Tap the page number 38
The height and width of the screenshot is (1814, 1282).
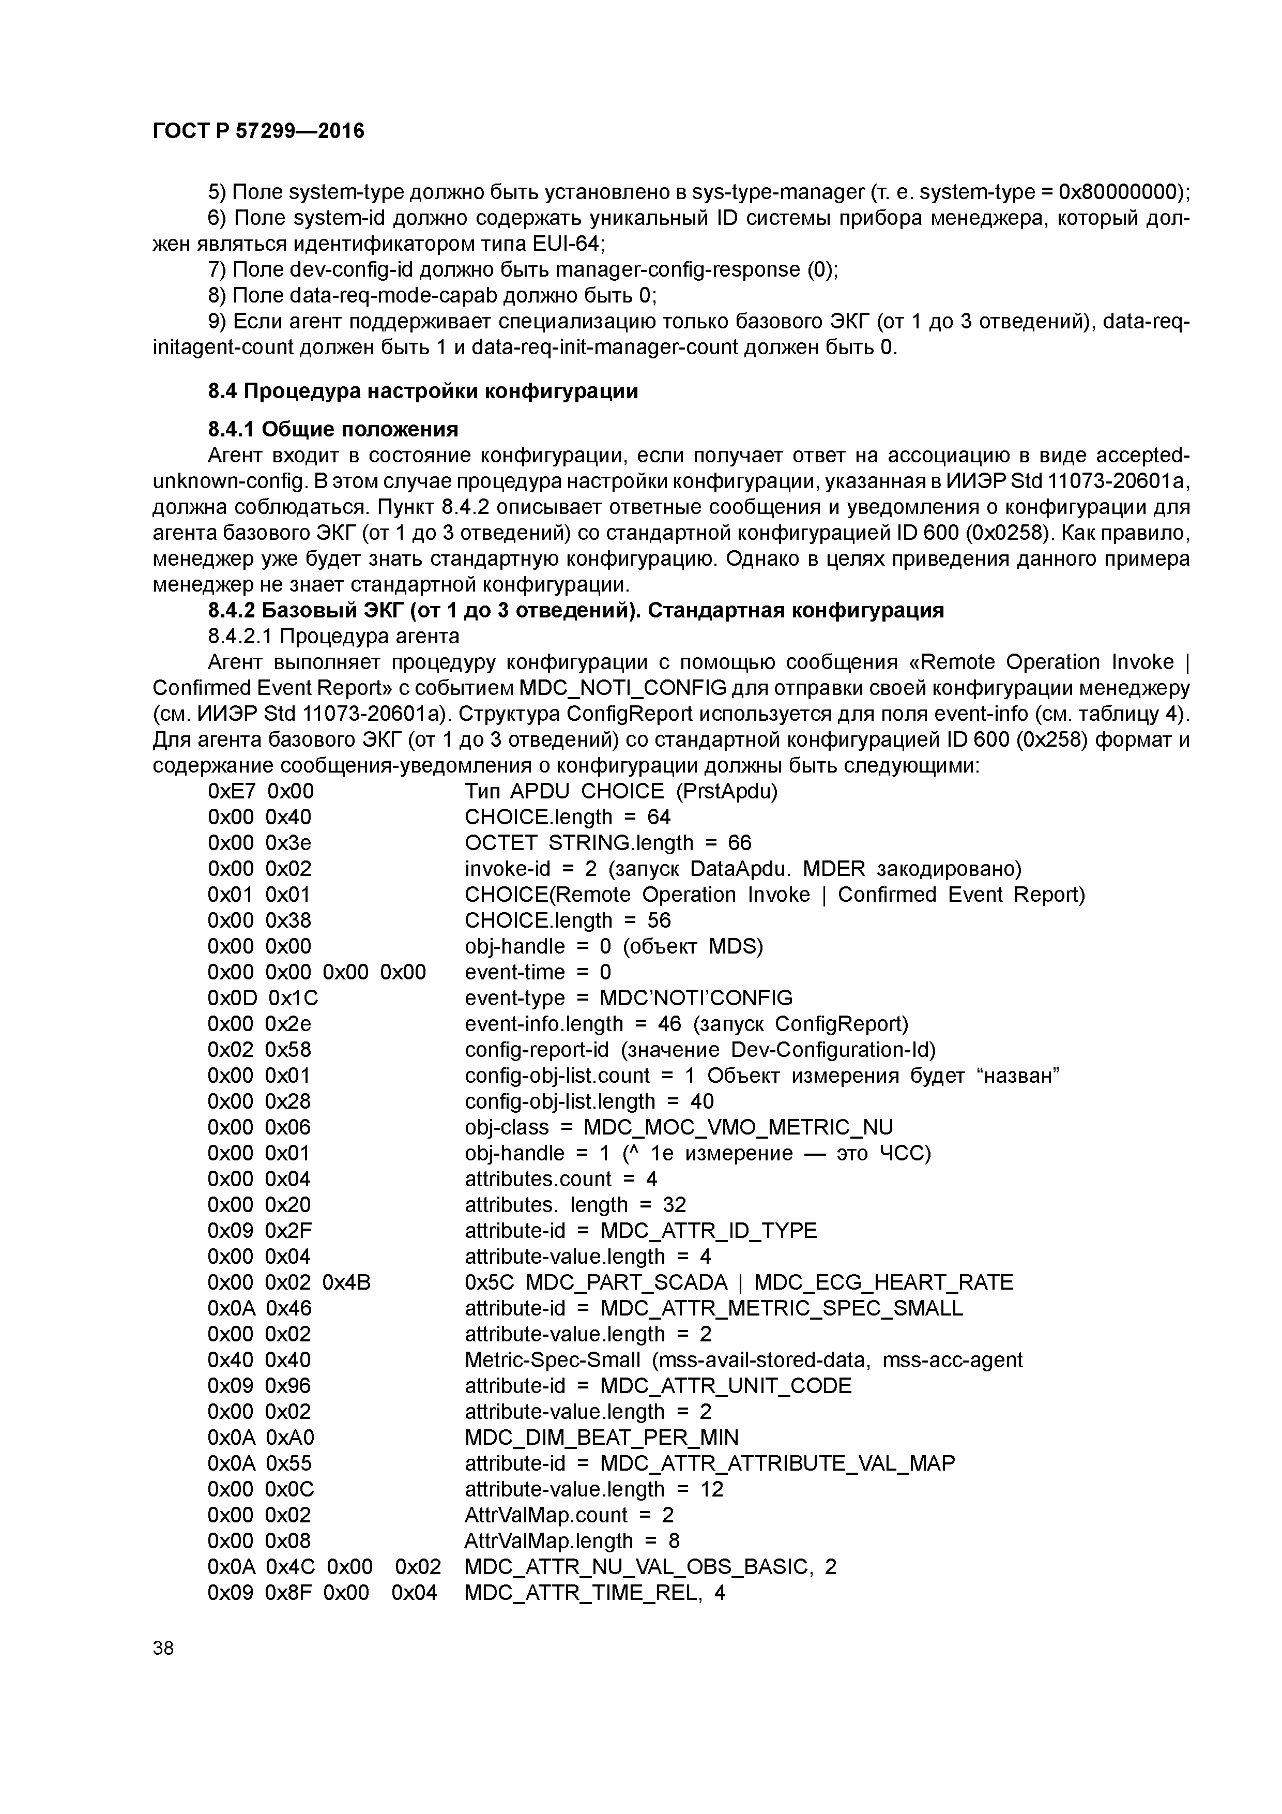point(163,1648)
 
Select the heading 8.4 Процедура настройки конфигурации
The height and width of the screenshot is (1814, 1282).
point(422,391)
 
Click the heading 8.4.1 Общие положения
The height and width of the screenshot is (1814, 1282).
point(332,429)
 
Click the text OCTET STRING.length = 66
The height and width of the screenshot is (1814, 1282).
point(608,843)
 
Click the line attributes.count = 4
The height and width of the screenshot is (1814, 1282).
point(561,1179)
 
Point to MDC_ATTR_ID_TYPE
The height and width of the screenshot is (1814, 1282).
point(709,1230)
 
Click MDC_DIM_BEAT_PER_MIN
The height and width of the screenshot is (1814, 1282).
point(601,1437)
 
